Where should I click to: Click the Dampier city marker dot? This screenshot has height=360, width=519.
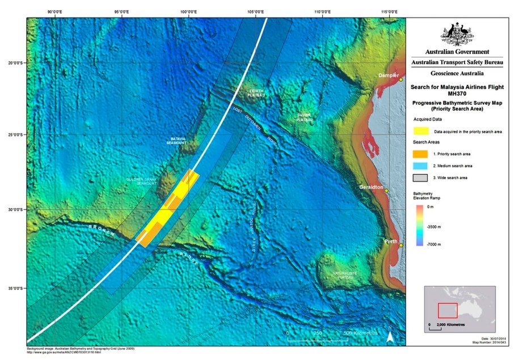[400, 79]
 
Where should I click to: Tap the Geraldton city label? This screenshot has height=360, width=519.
[373, 187]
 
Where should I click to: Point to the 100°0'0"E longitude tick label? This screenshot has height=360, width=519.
[188, 12]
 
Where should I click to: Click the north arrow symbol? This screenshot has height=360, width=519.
[390, 336]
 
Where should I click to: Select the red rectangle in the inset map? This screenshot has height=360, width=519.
[448, 310]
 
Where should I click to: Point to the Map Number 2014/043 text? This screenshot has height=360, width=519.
[491, 342]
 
